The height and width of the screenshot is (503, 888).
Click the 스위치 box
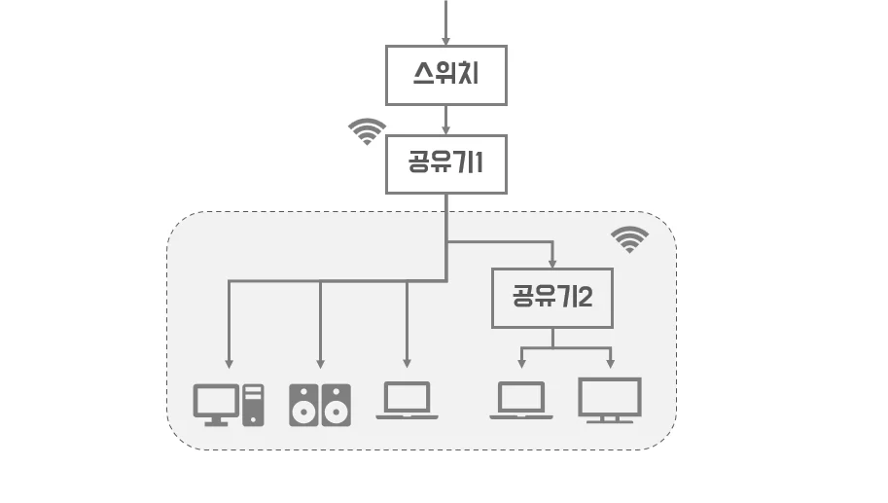pos(446,75)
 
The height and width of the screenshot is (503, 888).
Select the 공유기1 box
pos(446,163)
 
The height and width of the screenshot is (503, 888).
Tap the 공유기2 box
pos(552,298)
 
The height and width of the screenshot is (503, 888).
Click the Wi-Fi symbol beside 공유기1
pos(368,131)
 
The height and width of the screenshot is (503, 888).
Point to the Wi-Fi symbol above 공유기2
pos(629,238)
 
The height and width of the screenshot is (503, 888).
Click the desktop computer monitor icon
pos(216,403)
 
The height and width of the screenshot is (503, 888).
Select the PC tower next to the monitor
pos(253,404)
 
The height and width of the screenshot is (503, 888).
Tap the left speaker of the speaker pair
pos(303,405)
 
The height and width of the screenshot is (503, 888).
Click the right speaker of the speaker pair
pos(336,405)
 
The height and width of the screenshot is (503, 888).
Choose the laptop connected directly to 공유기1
pos(407,400)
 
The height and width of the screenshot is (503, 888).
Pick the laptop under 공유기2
pos(521,400)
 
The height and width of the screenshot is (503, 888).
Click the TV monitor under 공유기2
pos(610,399)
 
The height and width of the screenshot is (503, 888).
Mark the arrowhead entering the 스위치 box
pos(446,41)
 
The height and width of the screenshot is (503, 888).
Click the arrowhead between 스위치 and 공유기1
pos(446,129)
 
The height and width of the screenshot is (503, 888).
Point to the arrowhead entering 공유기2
pos(552,263)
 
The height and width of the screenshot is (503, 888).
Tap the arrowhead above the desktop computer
pos(229,363)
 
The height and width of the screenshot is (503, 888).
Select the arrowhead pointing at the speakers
pos(319,363)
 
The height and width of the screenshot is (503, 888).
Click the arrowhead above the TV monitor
pos(611,364)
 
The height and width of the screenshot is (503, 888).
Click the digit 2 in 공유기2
pos(585,297)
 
